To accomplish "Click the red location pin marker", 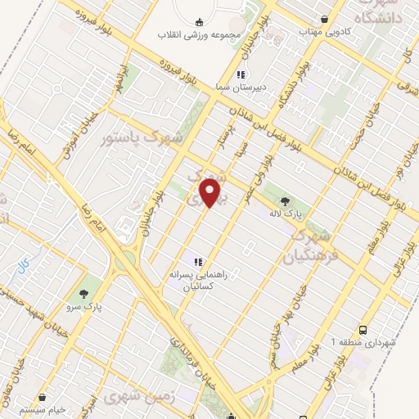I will [212, 193].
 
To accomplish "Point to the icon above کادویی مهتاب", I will [326, 20].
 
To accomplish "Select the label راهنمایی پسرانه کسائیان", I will [198, 281].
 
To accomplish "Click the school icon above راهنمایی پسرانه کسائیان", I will [198, 262].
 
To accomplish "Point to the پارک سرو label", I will [83, 308].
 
